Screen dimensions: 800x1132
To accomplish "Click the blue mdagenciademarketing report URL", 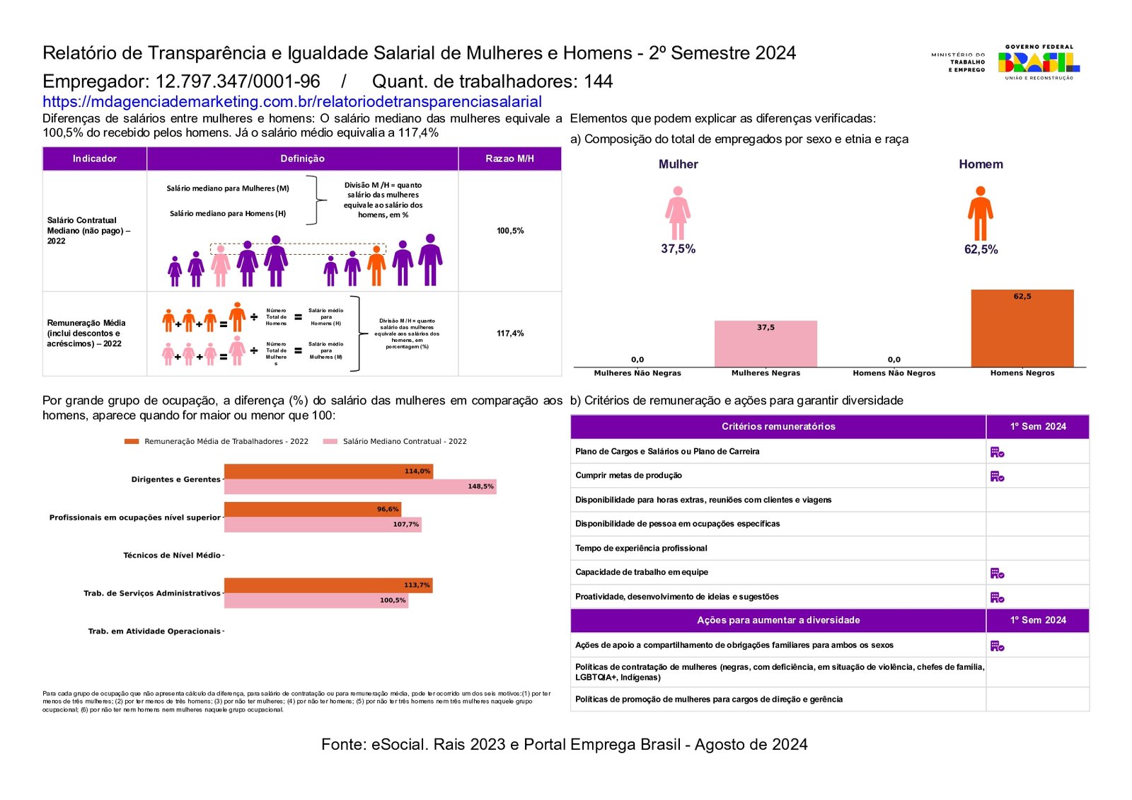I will point(291,102).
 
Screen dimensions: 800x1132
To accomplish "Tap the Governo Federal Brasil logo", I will point(1039,62).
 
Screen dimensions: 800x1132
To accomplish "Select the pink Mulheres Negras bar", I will point(766,344).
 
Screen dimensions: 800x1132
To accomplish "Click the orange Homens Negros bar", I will point(1022,328).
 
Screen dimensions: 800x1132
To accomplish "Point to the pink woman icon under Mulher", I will point(678,213).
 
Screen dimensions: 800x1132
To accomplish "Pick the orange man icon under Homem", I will point(980,213).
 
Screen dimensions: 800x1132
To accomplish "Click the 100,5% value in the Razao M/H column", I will point(510,231).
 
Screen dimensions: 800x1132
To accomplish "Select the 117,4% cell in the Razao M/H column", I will point(510,333).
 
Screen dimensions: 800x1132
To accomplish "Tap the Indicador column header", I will point(95,159).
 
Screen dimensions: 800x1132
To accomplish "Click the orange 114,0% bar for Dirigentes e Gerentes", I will point(328,472).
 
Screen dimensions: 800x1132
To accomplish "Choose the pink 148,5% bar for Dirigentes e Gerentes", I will point(360,486).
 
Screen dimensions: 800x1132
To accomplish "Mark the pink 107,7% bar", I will point(323,525).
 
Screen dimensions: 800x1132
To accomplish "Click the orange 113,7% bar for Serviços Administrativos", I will point(328,585).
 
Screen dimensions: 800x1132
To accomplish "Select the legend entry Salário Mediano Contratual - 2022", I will point(404,442).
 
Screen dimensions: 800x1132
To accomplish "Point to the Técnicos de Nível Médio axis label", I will point(172,556).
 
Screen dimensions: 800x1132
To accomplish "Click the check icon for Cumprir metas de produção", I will point(997,476).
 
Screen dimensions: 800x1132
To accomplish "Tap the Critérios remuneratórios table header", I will point(778,427).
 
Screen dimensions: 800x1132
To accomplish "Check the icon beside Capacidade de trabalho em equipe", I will point(997,573).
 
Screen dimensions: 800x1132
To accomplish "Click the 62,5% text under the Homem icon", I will point(981,250).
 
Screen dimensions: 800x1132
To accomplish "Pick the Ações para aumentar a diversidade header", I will point(778,620).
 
